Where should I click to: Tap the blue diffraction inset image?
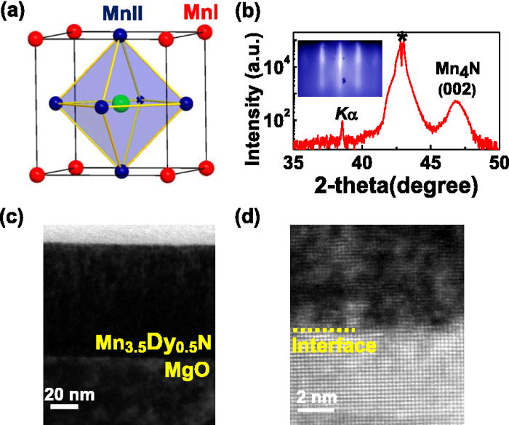pos(340,68)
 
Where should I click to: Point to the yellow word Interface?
pos(333,346)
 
